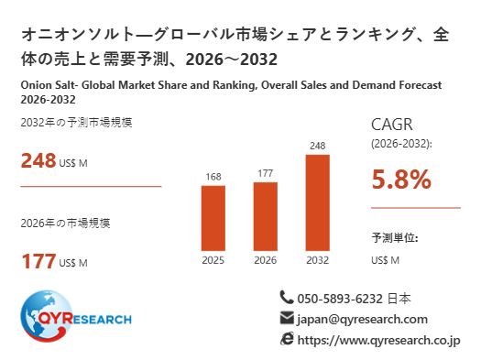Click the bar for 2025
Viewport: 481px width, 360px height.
pyautogui.click(x=213, y=218)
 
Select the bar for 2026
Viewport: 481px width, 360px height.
pyautogui.click(x=266, y=216)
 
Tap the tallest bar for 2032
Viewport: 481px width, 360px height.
pyautogui.click(x=318, y=202)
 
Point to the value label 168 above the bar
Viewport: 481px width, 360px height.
pyautogui.click(x=213, y=177)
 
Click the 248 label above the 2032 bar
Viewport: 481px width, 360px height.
pyautogui.click(x=318, y=146)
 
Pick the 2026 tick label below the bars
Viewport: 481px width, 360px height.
pyautogui.click(x=266, y=260)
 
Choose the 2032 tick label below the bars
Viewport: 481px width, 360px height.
pyautogui.click(x=318, y=260)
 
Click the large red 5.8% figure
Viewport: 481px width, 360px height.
pyautogui.click(x=401, y=179)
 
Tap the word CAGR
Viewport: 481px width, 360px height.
pyautogui.click(x=392, y=125)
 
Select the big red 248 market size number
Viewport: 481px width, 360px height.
pyautogui.click(x=38, y=160)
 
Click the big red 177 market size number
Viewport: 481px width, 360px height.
pyautogui.click(x=38, y=261)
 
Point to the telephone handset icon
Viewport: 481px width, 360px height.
pyautogui.click(x=287, y=298)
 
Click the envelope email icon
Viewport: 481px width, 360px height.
pyautogui.click(x=287, y=318)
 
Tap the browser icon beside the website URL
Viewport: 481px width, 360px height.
pyautogui.click(x=287, y=339)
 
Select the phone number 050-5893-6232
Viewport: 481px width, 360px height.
pyautogui.click(x=340, y=299)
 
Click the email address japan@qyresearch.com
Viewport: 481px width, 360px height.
pyautogui.click(x=362, y=320)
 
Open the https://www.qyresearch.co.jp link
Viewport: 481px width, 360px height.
pyautogui.click(x=379, y=341)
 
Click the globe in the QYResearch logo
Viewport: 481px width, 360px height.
pyautogui.click(x=46, y=316)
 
